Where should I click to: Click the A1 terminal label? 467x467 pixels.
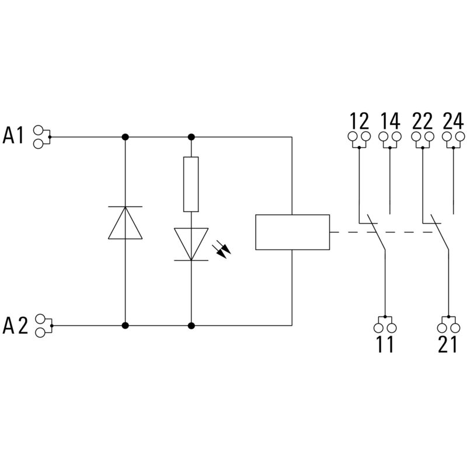14,135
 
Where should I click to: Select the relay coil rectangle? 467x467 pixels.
292,232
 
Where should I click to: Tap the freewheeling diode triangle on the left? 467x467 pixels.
126,222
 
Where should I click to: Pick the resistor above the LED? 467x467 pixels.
191,184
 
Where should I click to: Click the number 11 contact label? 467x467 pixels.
385,345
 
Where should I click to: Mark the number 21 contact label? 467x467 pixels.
447,345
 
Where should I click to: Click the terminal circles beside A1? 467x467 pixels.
40,137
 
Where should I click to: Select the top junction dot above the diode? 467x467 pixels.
126,137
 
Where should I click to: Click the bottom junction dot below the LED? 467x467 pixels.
191,324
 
